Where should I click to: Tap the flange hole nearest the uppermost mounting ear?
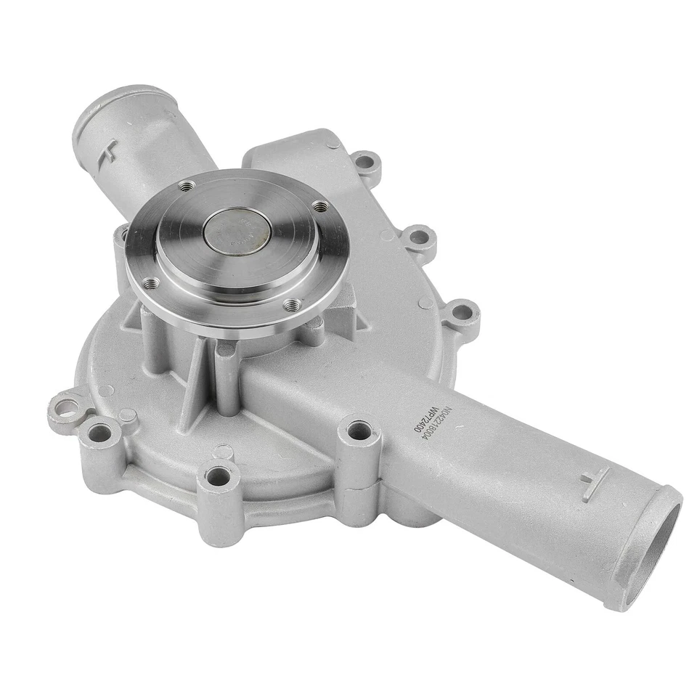click(x=319, y=207)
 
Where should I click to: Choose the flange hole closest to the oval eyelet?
click(x=150, y=282)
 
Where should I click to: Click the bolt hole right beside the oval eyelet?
click(x=99, y=433)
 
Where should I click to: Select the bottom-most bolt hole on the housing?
click(x=218, y=477)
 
